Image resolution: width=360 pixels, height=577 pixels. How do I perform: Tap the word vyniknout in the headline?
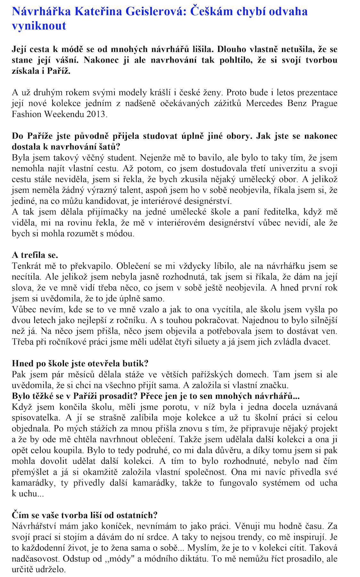coord(39,26)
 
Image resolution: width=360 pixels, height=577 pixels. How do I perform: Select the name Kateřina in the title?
coord(99,12)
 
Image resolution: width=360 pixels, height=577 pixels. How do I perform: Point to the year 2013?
coord(96,114)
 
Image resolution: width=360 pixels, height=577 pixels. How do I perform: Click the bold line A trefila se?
coord(35,255)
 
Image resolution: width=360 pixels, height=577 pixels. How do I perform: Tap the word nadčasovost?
coord(36,559)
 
